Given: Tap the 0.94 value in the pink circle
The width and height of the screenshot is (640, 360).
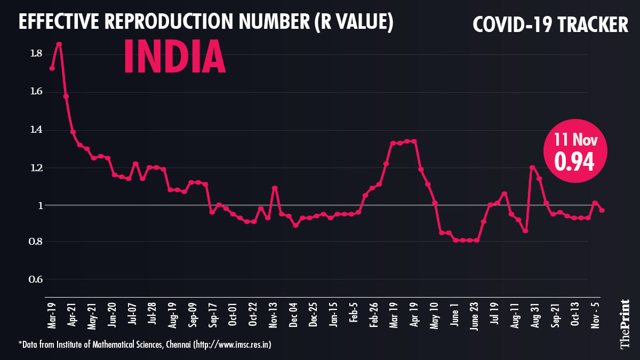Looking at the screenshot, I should coord(575,162).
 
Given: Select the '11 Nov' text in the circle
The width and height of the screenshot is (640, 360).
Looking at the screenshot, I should coord(575,140).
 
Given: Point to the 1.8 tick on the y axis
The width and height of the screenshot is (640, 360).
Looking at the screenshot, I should coord(37,53).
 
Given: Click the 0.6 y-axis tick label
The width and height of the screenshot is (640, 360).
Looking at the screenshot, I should coord(37,279).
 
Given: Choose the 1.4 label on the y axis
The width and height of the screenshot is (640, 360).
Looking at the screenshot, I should coord(37,130).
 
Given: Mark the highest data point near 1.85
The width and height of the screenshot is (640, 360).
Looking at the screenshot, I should coord(59,44).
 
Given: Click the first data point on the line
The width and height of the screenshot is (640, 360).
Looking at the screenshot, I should coord(52,68).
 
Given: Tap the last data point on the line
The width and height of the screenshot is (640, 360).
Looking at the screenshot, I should coord(602,211).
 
